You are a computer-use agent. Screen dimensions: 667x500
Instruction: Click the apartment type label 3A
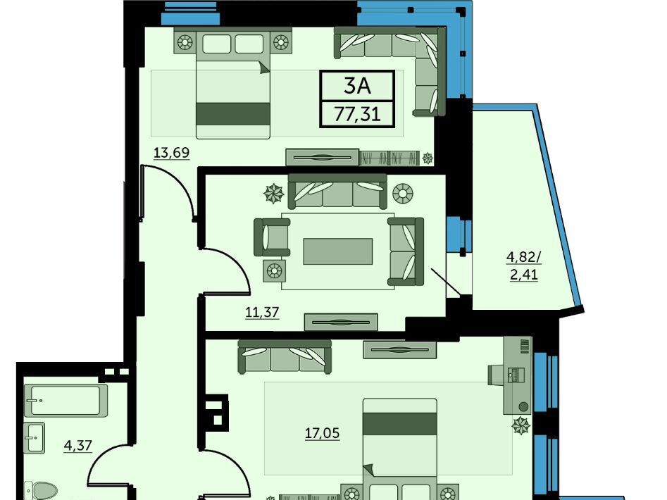[x=357, y=86]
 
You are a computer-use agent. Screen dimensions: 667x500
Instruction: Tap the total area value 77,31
[x=357, y=114]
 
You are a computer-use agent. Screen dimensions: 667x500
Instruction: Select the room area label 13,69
[x=171, y=152]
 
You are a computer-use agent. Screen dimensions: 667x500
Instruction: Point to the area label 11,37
[x=262, y=312]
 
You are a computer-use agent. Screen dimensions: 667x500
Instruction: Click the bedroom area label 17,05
[x=322, y=433]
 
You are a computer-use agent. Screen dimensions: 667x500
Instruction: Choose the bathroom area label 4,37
[x=78, y=445]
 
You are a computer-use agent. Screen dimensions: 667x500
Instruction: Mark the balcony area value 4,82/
[x=523, y=257]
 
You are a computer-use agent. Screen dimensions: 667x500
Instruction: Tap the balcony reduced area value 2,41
[x=523, y=275]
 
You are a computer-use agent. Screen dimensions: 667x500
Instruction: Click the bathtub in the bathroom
[x=63, y=400]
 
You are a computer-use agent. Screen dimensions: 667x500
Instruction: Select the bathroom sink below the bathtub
[x=34, y=437]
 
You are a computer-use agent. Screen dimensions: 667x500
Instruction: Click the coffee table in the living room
[x=338, y=251]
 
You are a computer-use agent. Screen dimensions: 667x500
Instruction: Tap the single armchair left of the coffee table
[x=272, y=237]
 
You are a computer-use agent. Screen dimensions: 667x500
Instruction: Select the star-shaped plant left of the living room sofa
[x=273, y=194]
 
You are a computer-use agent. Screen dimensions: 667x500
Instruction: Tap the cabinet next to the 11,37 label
[x=341, y=323]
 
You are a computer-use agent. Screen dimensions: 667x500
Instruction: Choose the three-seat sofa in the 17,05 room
[x=284, y=356]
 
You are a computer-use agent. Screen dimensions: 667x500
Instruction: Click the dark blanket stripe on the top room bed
[x=233, y=113]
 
